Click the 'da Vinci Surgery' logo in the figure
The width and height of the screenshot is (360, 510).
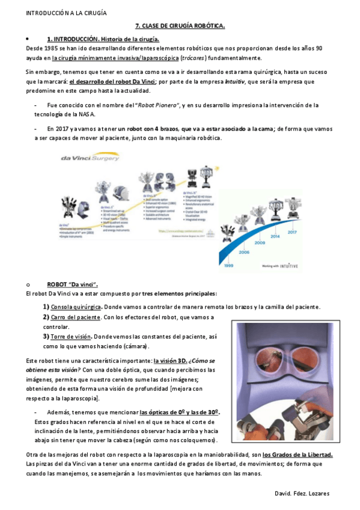[x=88, y=158]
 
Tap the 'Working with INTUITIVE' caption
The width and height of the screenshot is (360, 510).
[x=285, y=265]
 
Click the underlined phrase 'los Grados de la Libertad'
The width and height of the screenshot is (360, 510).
[x=297, y=453]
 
